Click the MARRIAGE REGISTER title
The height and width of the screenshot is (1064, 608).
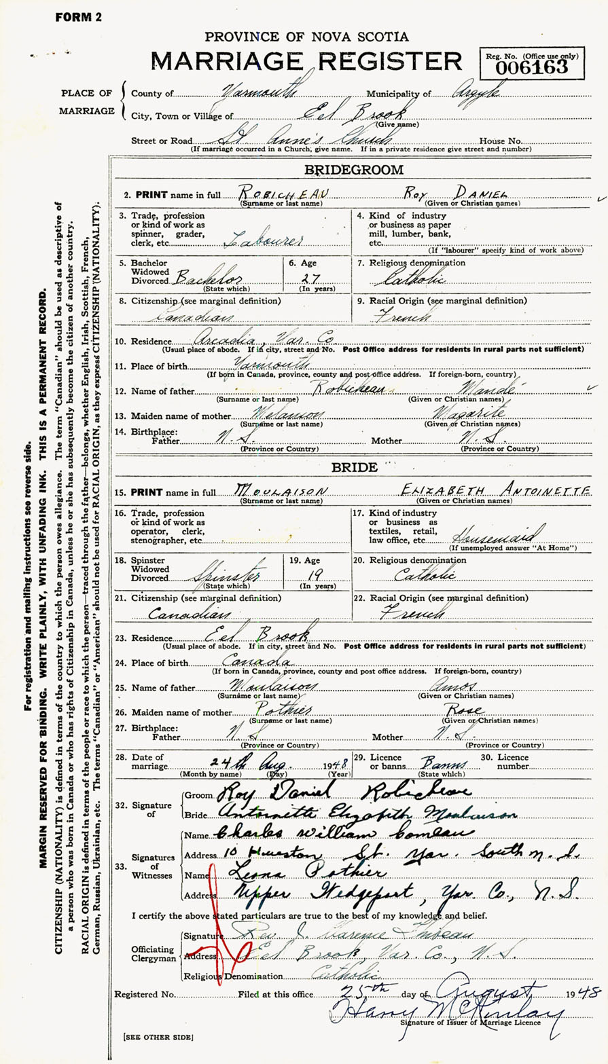point(306,61)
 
